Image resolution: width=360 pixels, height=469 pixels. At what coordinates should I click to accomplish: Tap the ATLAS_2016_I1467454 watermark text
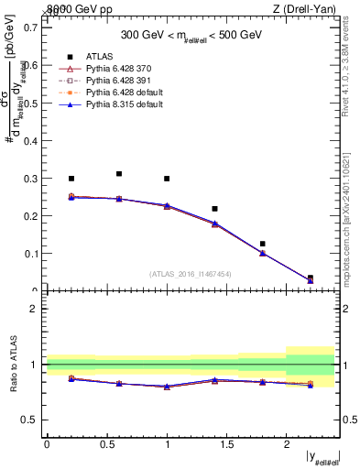click(191, 274)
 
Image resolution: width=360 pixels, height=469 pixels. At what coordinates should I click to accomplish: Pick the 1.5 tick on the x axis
click(226, 443)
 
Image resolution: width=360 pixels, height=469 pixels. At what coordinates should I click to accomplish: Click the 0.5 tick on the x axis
click(106, 443)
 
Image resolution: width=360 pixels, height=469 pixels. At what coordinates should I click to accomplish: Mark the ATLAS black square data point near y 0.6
click(119, 173)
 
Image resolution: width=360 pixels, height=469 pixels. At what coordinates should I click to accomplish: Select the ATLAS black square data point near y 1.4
click(214, 209)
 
